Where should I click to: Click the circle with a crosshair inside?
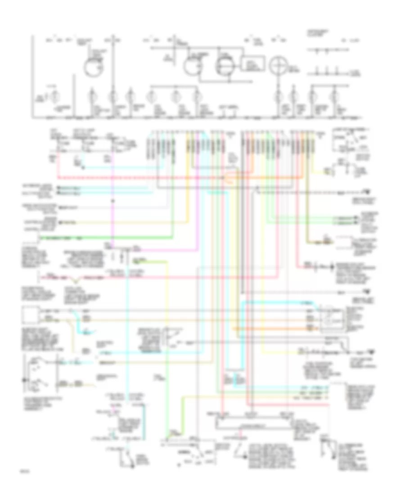click(x=278, y=66)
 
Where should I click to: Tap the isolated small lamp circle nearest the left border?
click(x=54, y=96)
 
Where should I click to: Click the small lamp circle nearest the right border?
click(x=334, y=95)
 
